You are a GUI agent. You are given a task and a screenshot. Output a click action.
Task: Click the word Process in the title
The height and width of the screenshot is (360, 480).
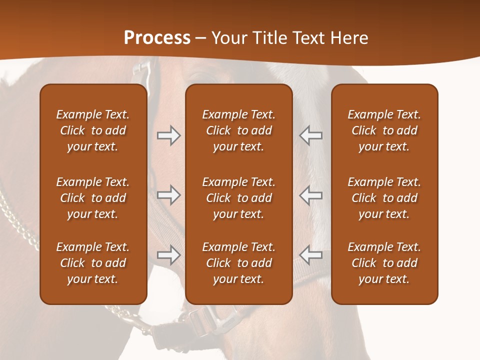pyautogui.click(x=157, y=38)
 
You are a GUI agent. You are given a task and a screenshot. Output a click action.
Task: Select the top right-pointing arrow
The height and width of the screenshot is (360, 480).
pyautogui.click(x=168, y=135)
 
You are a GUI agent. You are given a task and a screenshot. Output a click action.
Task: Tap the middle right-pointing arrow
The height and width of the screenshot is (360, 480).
pyautogui.click(x=168, y=195)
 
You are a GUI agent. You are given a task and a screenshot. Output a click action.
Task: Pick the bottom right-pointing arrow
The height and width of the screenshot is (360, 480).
pyautogui.click(x=168, y=255)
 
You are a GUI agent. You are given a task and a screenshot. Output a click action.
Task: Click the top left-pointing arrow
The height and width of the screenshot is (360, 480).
pyautogui.click(x=310, y=135)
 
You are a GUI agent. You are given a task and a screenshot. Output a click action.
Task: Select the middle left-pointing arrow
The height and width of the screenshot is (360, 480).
pyautogui.click(x=310, y=195)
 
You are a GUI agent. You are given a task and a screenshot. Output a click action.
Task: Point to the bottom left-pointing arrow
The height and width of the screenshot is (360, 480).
pyautogui.click(x=310, y=255)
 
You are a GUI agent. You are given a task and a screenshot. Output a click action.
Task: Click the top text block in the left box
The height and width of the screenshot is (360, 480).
pyautogui.click(x=93, y=130)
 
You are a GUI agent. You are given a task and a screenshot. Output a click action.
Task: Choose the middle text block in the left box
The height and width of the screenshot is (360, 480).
pyautogui.click(x=93, y=198)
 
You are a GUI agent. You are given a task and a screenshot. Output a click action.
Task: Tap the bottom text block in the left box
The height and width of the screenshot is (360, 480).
pyautogui.click(x=93, y=263)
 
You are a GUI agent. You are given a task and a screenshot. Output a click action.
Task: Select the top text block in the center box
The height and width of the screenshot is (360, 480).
pyautogui.click(x=238, y=130)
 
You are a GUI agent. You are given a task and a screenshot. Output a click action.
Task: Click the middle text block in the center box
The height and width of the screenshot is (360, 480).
pyautogui.click(x=238, y=198)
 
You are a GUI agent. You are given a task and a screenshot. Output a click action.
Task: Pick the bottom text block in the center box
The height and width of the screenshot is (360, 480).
pyautogui.click(x=238, y=263)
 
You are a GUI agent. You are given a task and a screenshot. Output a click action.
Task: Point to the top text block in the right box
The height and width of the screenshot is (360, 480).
pyautogui.click(x=384, y=130)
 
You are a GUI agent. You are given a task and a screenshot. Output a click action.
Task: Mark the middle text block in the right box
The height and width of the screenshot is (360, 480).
pyautogui.click(x=384, y=198)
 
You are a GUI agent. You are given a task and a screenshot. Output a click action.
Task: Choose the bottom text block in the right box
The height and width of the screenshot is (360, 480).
pyautogui.click(x=384, y=263)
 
